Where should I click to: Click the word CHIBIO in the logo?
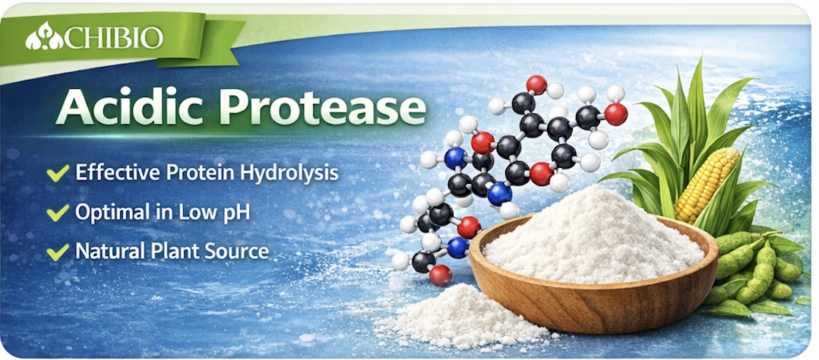[x=114, y=38]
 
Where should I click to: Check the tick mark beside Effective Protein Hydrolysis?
[x=58, y=173]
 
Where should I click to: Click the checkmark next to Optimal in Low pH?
[x=58, y=212]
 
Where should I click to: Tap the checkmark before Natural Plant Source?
[x=58, y=252]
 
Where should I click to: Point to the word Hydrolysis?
[x=293, y=173]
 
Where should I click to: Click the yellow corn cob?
[x=707, y=185]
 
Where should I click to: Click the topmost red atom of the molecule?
[x=536, y=84]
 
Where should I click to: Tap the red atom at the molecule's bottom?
[x=441, y=275]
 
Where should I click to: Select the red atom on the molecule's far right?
[x=616, y=114]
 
